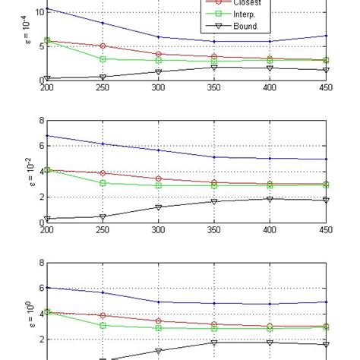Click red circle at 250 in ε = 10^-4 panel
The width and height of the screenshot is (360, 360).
pos(103,46)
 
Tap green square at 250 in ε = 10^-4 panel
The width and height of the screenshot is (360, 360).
pos(103,58)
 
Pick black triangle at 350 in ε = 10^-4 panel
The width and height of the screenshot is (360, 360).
pos(214,67)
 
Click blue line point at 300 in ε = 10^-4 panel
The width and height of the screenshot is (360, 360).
pos(159,36)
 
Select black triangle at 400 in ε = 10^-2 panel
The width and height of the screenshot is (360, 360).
pos(270,199)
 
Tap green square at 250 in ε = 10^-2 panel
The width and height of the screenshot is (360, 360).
pos(103,183)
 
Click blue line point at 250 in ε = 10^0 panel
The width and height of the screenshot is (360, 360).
pos(103,292)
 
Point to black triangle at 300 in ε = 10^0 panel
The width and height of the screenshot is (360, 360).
pos(159,351)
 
